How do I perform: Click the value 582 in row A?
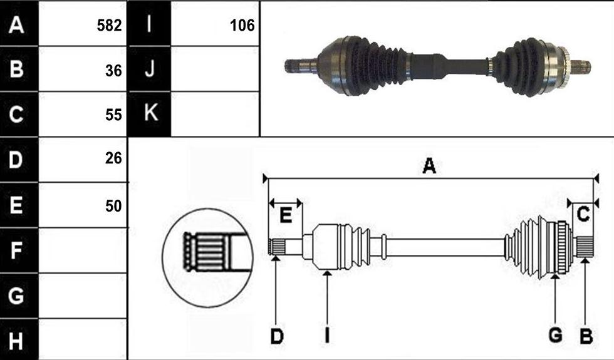[x=109, y=26]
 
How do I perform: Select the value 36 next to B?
[x=113, y=70]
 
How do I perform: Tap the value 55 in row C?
[x=113, y=115]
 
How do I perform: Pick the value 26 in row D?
[x=113, y=158]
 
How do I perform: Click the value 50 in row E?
[x=113, y=206]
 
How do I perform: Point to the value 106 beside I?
[x=242, y=26]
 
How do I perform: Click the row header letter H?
[x=16, y=341]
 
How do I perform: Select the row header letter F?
[x=16, y=250]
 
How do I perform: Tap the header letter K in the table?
[x=151, y=112]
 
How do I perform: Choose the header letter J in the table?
[x=149, y=69]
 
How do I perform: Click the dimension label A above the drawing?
[x=429, y=165]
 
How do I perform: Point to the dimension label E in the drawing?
[x=286, y=215]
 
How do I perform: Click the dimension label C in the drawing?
[x=583, y=214]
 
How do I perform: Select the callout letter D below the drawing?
[x=277, y=336]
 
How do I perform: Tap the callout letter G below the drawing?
[x=555, y=336]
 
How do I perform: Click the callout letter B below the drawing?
[x=586, y=336]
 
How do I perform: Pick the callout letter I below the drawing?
[x=327, y=336]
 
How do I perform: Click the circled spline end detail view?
[x=208, y=257]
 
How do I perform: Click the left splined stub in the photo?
[x=301, y=65]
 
